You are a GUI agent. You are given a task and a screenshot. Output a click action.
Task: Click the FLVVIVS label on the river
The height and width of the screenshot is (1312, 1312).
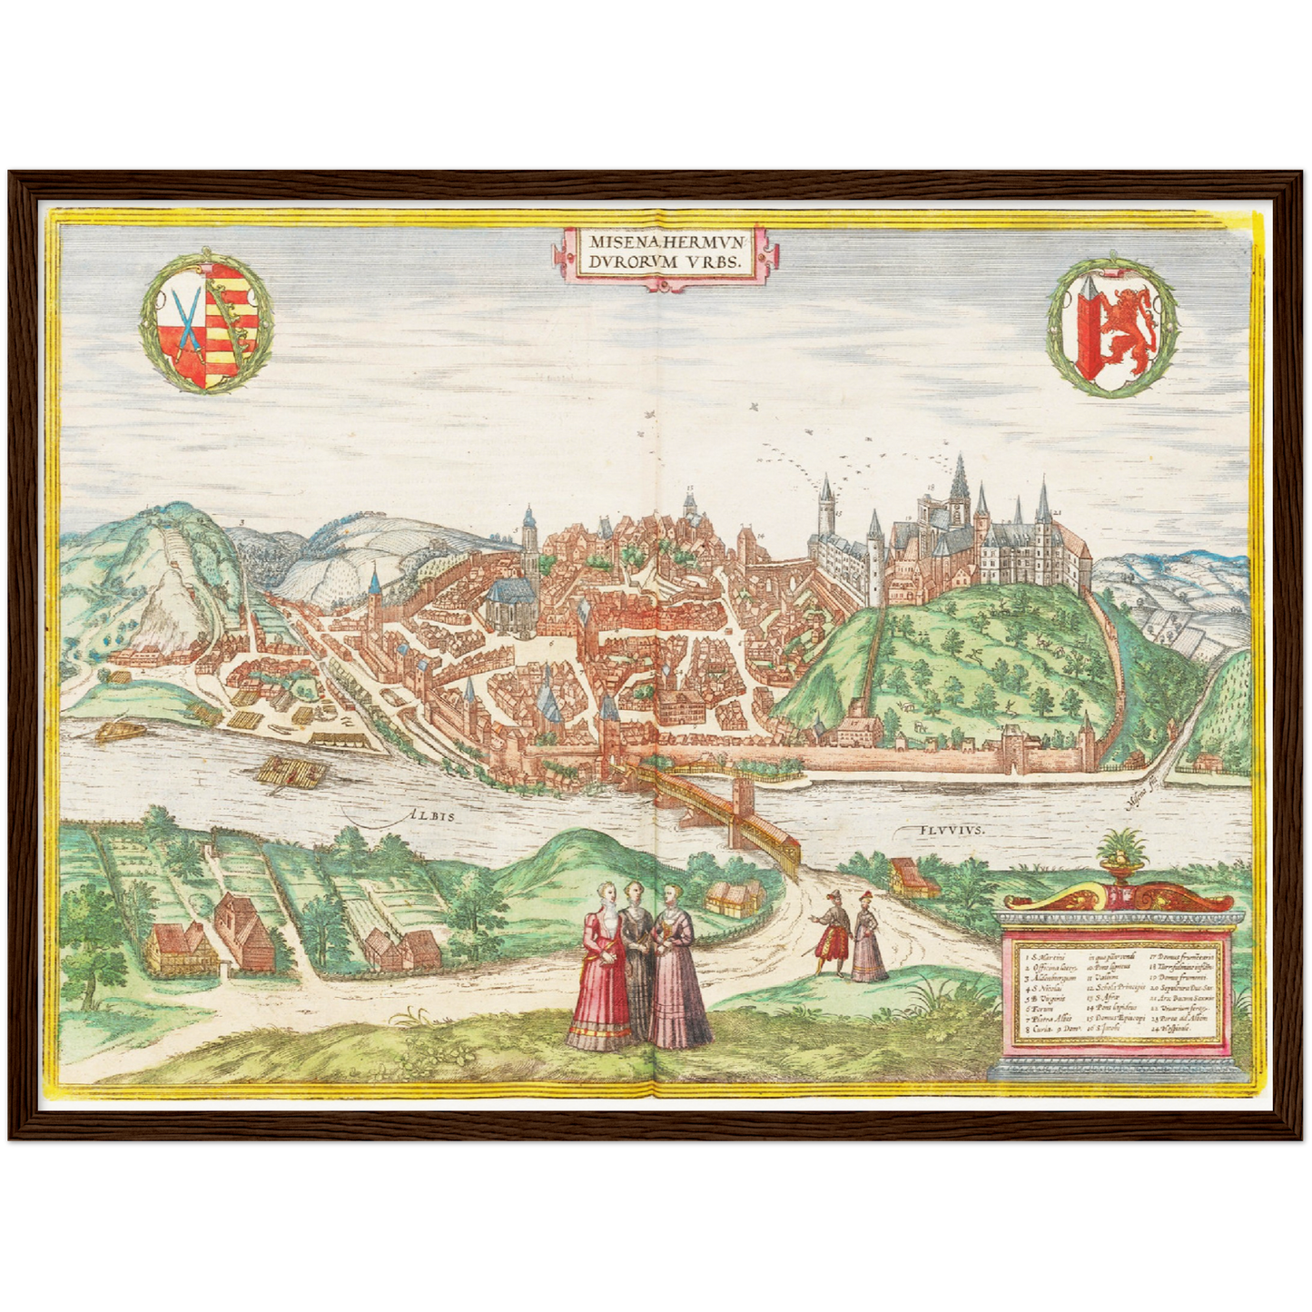click(x=943, y=829)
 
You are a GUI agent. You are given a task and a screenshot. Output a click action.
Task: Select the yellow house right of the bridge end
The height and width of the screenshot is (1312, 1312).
click(x=907, y=877)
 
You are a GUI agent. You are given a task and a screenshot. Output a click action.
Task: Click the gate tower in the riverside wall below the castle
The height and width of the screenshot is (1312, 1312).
click(x=1011, y=750)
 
